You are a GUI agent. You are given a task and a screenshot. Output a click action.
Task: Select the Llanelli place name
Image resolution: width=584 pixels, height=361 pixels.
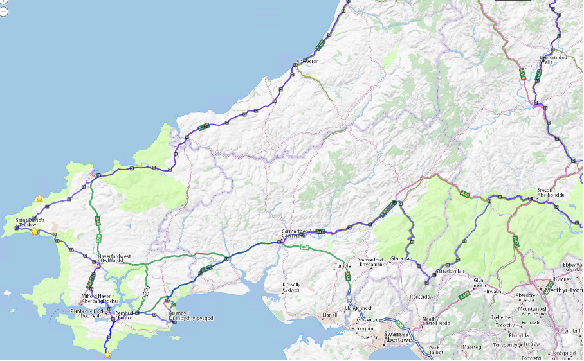tap(330, 315)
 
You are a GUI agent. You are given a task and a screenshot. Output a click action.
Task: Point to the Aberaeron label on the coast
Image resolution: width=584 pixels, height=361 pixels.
tap(307, 62)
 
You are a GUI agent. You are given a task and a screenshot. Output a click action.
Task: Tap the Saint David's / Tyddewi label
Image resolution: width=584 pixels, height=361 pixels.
tap(30, 222)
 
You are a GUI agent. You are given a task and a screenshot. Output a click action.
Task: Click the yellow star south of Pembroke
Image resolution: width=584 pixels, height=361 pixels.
tap(107, 354)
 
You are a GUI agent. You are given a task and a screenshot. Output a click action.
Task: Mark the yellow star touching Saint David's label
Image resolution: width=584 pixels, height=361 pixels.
tap(35, 231)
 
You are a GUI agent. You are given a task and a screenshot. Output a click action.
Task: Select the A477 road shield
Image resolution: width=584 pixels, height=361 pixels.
tap(206, 269)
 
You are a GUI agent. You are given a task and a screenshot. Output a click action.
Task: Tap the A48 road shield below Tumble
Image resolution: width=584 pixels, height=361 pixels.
tap(348, 277)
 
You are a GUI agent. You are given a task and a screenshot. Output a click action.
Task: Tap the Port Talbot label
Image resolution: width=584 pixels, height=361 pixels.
tap(439, 350)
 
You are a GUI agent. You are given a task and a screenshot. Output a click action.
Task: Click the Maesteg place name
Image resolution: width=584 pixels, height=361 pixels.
tap(473, 348)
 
